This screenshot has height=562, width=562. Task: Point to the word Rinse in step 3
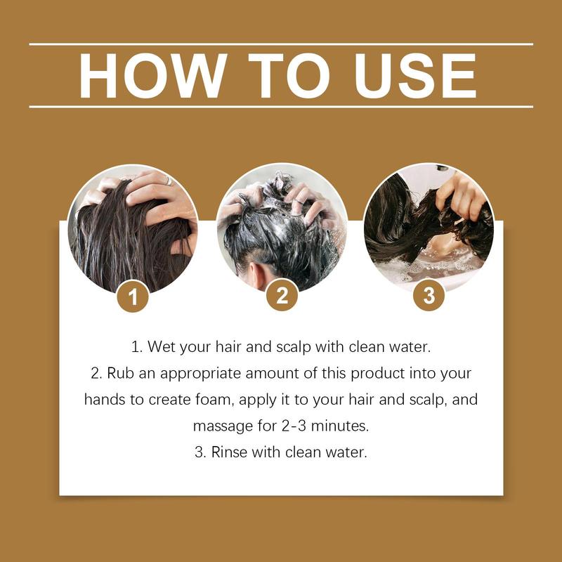pyautogui.click(x=229, y=452)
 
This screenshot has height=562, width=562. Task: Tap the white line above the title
pyautogui.click(x=281, y=44)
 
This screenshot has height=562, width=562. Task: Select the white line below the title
pyautogui.click(x=281, y=107)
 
